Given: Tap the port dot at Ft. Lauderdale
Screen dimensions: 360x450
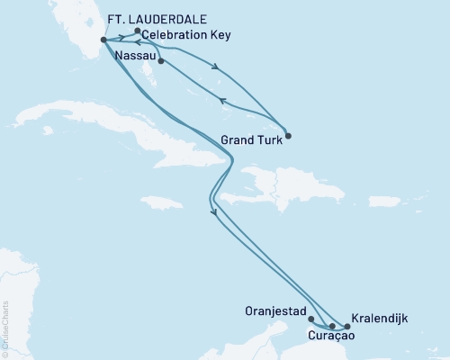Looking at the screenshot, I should coord(104,40).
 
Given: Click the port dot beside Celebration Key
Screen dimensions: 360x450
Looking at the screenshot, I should coord(137,31).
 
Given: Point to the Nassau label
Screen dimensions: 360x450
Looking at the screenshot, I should coord(136,56).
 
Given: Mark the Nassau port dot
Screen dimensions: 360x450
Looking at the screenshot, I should coord(160,62).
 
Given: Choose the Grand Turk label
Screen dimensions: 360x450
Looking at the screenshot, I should coord(248,139).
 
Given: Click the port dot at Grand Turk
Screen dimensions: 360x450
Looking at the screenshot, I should coord(286,137).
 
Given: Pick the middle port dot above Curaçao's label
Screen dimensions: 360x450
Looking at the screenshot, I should coord(332,326).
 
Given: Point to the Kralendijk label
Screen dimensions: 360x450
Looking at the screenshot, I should coord(381,319).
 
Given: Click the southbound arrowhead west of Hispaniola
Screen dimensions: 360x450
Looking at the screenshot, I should coord(214,212).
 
